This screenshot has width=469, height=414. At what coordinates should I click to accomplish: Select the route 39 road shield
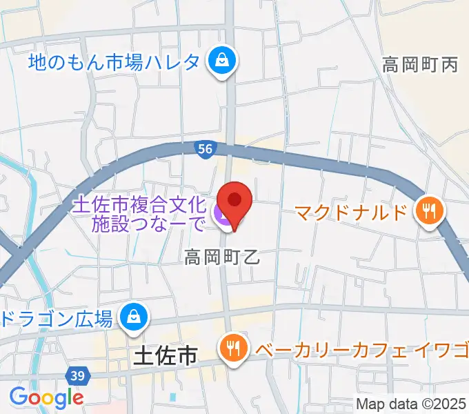click(77, 375)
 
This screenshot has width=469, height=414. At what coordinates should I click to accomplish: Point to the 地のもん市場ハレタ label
click(114, 63)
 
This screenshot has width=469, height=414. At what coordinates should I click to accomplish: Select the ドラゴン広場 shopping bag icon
click(130, 317)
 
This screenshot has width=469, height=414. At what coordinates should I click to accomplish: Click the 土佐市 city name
click(163, 356)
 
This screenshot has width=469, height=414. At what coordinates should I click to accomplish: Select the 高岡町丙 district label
click(420, 66)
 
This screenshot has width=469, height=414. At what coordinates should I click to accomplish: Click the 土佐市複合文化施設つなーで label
click(139, 214)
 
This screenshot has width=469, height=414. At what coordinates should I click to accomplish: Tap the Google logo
click(46, 397)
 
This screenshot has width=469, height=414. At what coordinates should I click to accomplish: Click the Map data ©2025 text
click(410, 403)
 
